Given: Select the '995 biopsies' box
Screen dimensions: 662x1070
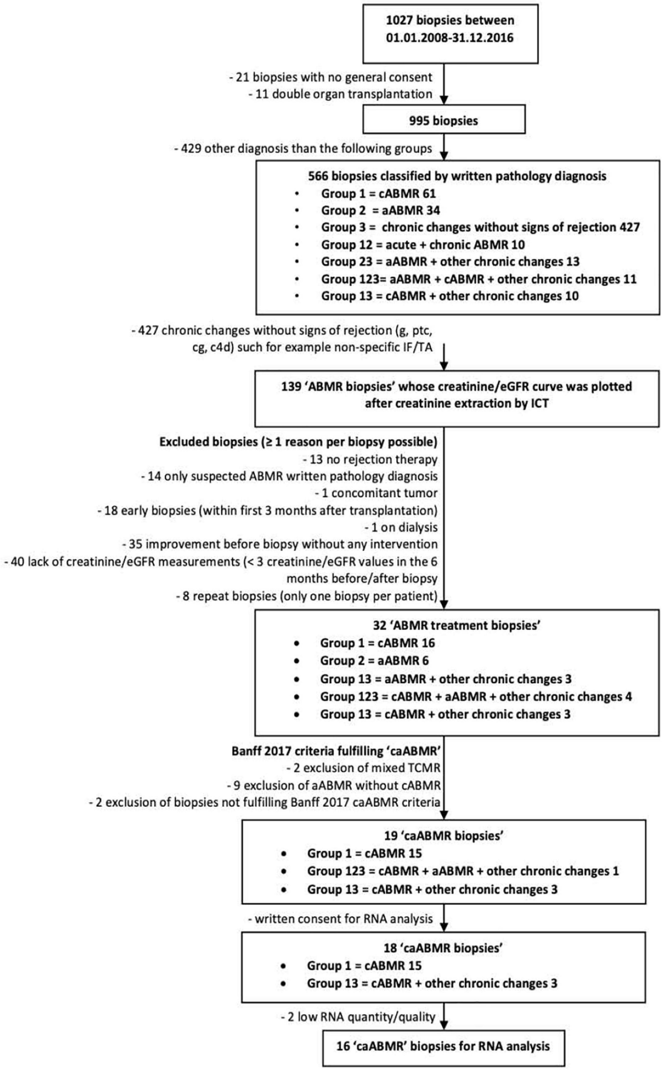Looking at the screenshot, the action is click(444, 120).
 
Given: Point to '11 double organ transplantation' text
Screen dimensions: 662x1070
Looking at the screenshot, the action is click(340, 94).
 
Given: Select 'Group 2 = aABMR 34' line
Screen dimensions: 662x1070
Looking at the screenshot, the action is click(381, 210).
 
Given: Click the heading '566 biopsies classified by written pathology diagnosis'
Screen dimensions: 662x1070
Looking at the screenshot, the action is click(457, 176).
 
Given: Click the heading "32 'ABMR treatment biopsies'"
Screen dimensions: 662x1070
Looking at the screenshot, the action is click(457, 625).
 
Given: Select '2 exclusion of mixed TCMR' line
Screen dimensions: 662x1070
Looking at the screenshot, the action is click(364, 768).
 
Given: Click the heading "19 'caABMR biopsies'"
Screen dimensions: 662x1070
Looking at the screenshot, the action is click(444, 835).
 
